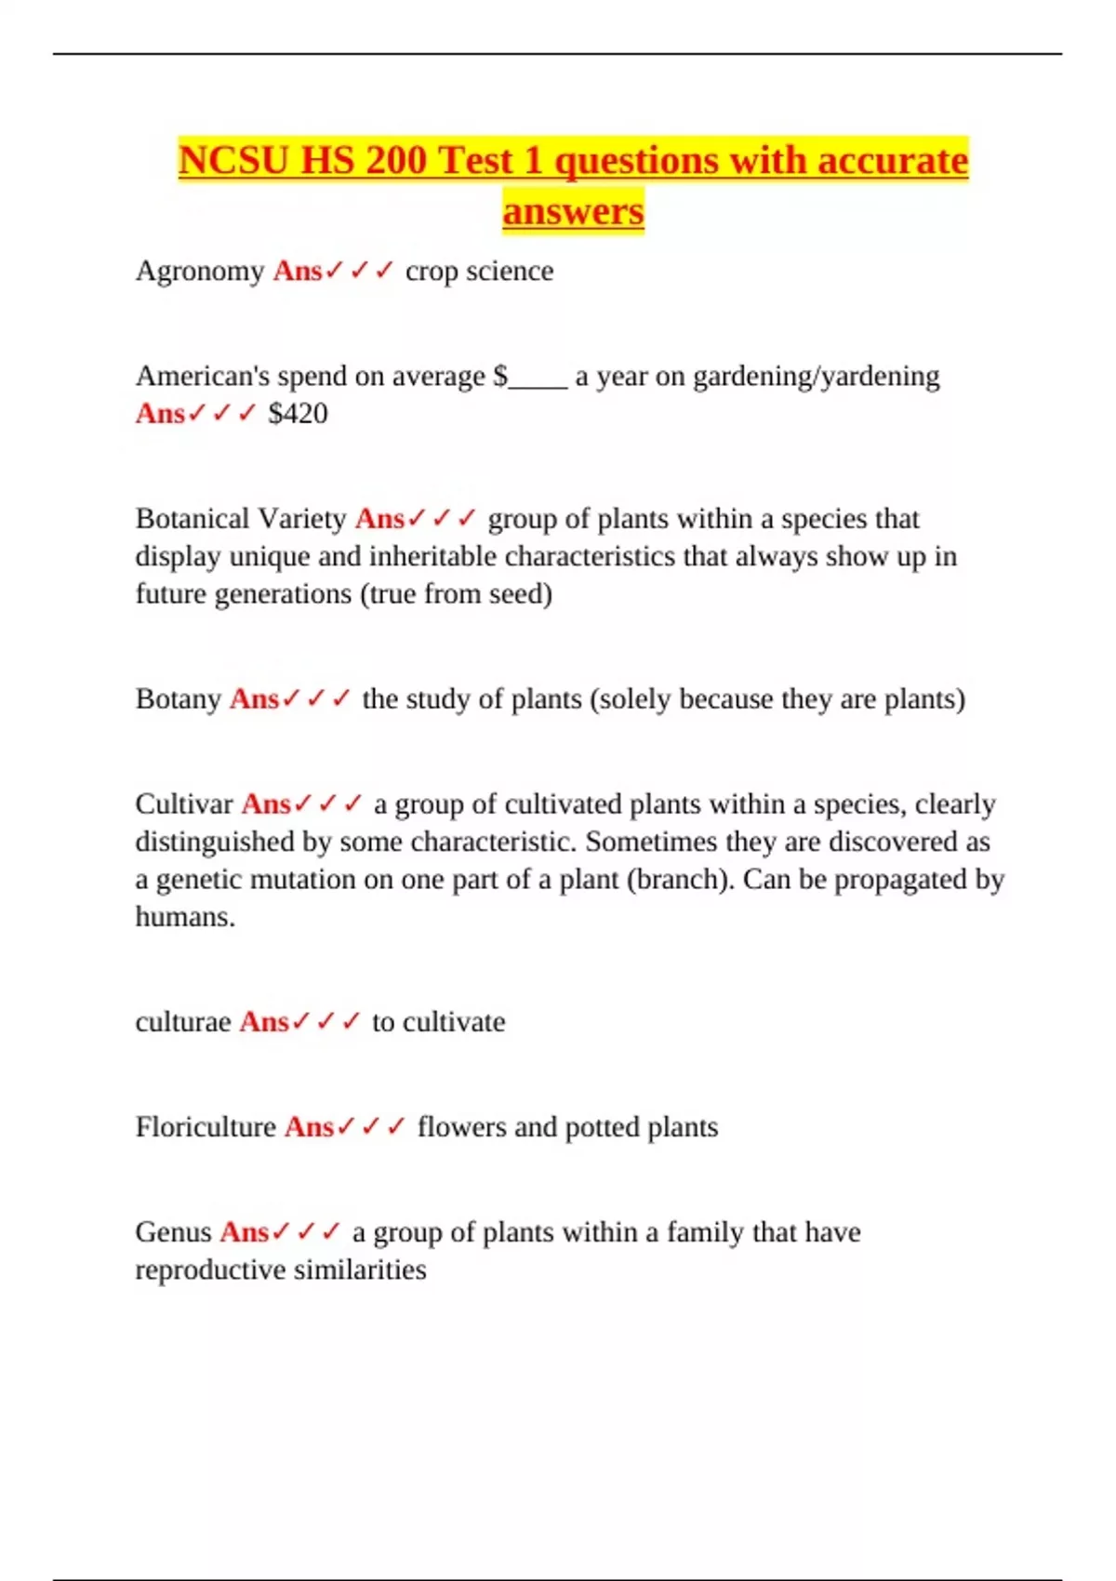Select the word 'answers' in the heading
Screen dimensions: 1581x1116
click(573, 211)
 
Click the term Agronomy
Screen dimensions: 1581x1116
click(200, 272)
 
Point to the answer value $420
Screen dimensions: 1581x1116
click(298, 414)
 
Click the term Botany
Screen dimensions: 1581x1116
click(178, 698)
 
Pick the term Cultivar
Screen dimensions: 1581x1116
click(183, 804)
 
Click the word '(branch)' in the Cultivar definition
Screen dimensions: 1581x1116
click(680, 879)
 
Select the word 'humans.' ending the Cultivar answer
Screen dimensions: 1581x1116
click(185, 917)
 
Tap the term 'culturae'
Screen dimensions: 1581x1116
click(182, 1022)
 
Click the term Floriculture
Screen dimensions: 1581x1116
click(206, 1127)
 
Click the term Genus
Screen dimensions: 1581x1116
click(173, 1232)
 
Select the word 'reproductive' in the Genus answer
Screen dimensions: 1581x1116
click(205, 1270)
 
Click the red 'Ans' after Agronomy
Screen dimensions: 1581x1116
click(297, 272)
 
